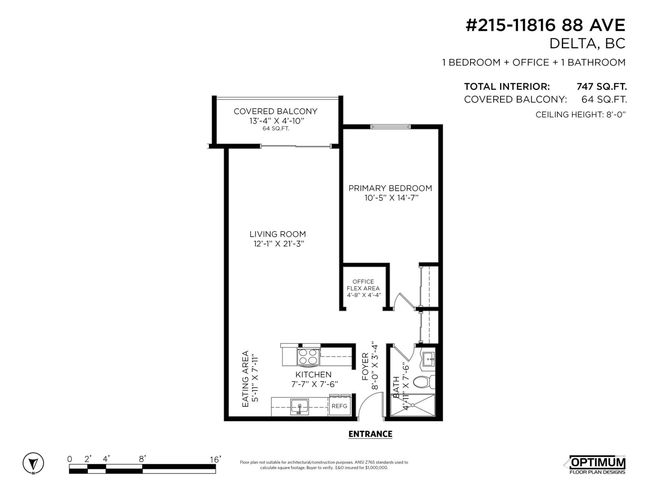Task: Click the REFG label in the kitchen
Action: [339, 406]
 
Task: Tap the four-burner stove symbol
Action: [308, 357]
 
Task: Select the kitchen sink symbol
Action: [299, 407]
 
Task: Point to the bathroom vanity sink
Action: [428, 359]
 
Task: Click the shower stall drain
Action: [412, 405]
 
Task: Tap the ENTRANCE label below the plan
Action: [370, 434]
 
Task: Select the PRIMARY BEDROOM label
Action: [390, 188]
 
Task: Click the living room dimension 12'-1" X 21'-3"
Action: [277, 244]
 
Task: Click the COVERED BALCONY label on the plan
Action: [275, 111]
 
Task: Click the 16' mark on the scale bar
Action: [215, 459]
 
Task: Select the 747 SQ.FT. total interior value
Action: [602, 87]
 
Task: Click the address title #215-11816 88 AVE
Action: [545, 25]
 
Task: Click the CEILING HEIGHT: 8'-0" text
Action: [580, 114]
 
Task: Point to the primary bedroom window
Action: [390, 127]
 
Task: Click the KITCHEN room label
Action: [313, 375]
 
